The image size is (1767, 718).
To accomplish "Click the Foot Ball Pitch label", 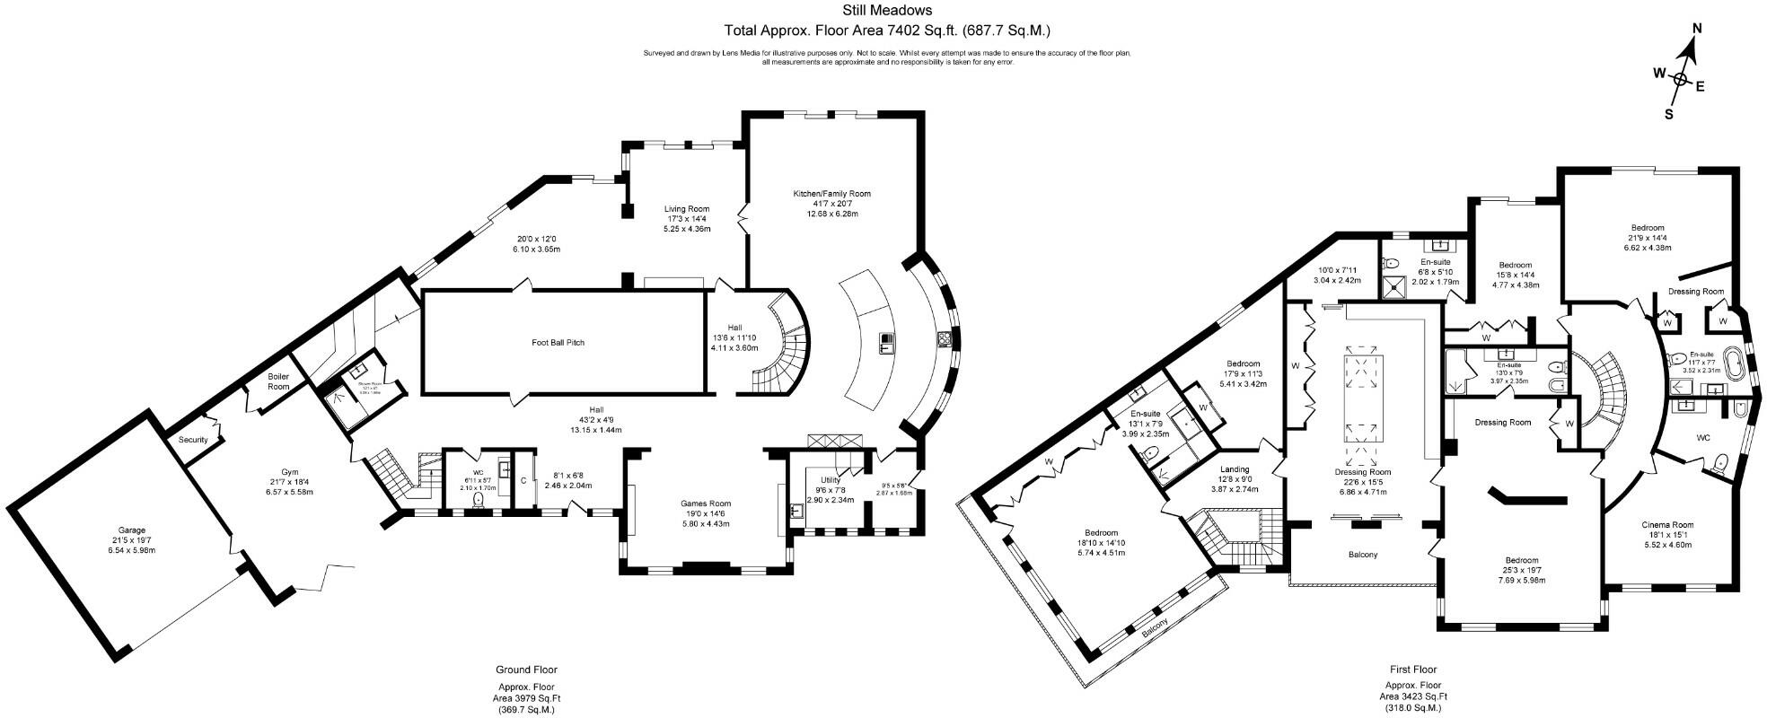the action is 558,342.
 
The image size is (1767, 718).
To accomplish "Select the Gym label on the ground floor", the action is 289,472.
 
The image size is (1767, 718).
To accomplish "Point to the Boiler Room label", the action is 278,381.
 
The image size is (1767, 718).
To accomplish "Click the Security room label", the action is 193,440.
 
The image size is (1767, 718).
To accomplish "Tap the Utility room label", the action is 830,480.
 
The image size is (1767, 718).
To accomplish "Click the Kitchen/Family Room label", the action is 831,194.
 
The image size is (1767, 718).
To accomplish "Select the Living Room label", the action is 687,209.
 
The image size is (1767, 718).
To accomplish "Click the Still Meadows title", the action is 886,12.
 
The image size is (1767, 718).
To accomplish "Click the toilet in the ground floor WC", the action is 478,499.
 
